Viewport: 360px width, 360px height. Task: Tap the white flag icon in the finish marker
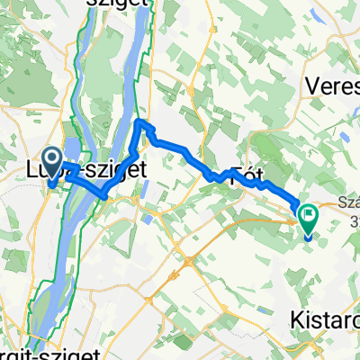click(310, 216)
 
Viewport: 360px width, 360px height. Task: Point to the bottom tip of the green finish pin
click(310, 239)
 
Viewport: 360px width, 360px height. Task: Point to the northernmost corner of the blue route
click(139, 119)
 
